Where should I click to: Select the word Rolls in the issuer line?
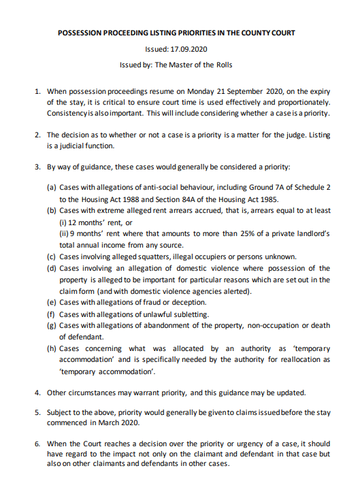click(221, 65)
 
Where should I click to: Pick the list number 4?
click(37, 393)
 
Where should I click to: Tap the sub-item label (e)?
click(51, 302)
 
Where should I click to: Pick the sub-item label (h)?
click(51, 348)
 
